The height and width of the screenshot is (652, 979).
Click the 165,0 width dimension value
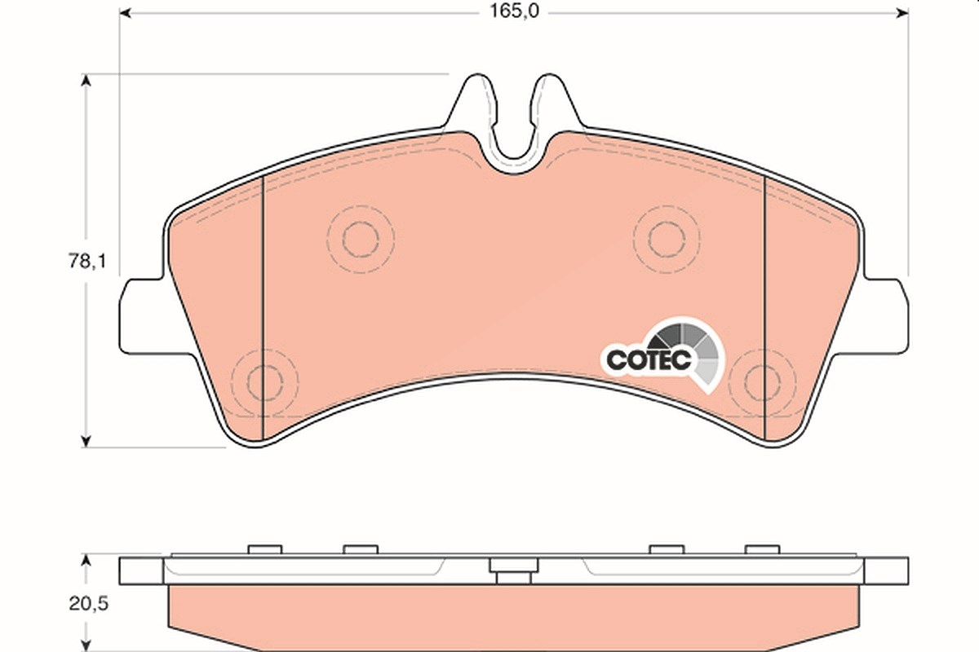514,11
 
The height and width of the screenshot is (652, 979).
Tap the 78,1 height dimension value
87,261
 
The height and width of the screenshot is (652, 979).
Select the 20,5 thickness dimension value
88,604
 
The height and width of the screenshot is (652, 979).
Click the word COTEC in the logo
649,360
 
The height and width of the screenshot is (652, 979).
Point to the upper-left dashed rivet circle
327,240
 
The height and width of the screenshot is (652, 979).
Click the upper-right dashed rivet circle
633,240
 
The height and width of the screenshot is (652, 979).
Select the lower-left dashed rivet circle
232,382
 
